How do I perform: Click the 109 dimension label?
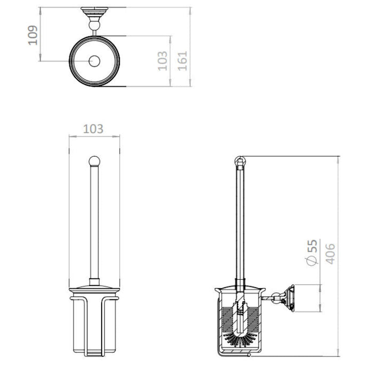tap(33, 35)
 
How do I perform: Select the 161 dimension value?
tap(183, 61)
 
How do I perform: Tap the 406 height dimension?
tap(330, 254)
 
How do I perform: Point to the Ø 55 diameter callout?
tap(312, 253)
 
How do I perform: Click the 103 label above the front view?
tap(93, 129)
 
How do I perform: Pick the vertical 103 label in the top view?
tap(163, 61)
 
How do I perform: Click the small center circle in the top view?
tap(94, 61)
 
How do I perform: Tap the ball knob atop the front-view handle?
tap(94, 161)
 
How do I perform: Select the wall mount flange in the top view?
tap(94, 12)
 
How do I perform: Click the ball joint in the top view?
tap(94, 25)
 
